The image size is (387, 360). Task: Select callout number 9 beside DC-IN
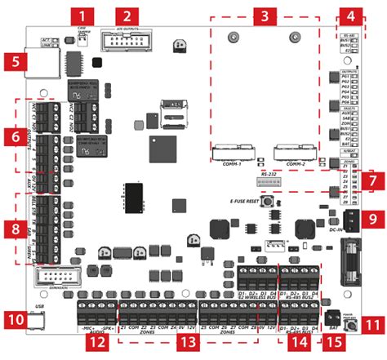click(x=372, y=219)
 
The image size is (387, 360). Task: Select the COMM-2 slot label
click(x=292, y=164)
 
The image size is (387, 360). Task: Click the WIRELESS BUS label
click(x=261, y=296)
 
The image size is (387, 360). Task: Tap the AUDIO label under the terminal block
click(x=97, y=333)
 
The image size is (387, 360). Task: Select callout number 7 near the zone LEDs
click(x=372, y=177)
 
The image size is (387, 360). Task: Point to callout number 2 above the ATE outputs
click(x=127, y=16)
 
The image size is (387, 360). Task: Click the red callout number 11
click(x=372, y=324)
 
